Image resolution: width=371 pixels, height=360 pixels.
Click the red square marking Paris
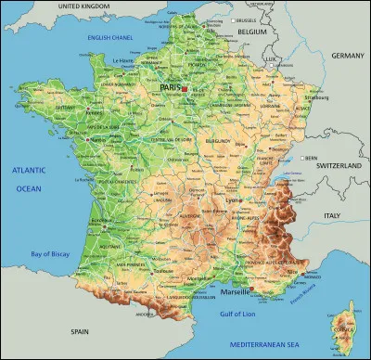click(185, 88)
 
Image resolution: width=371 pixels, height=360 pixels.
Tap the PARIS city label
click(171, 87)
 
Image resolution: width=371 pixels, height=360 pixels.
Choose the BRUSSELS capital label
click(245, 19)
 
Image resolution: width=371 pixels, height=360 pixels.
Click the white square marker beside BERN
click(301, 158)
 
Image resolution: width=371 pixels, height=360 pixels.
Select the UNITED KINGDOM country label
click(91, 6)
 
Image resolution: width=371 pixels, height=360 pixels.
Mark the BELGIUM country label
click(250, 31)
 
